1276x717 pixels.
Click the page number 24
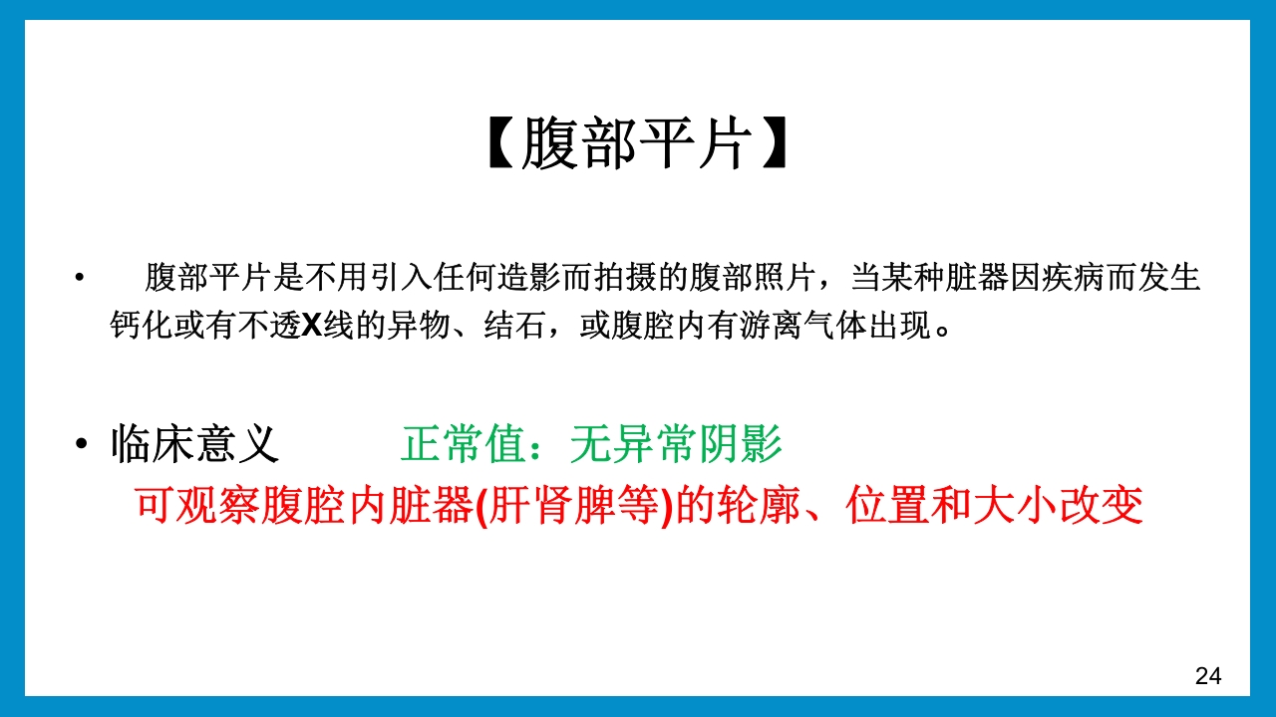tap(1208, 676)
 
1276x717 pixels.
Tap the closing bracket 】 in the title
tap(774, 145)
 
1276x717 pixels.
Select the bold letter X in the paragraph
tap(312, 327)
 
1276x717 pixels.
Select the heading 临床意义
tap(195, 444)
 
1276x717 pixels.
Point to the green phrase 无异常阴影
tap(676, 444)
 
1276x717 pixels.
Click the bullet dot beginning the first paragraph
tap(79, 278)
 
